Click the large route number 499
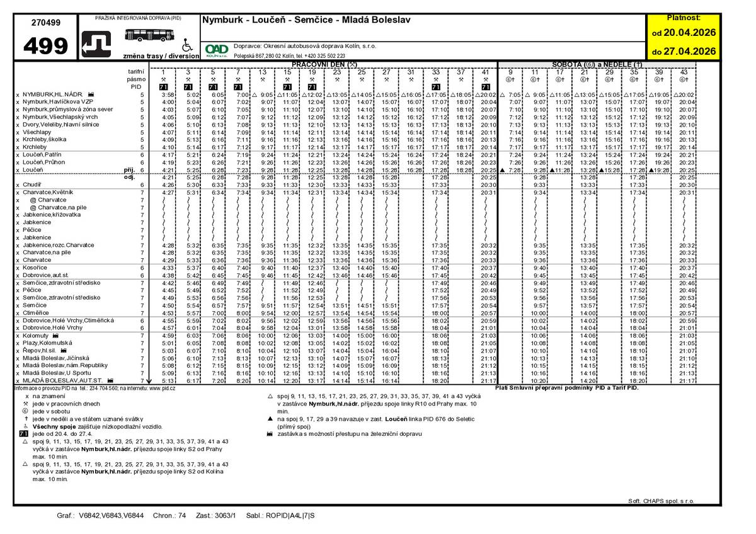[46, 46]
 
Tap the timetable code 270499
[46, 23]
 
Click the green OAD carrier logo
[217, 49]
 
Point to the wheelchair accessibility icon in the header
[186, 46]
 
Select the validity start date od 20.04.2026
[684, 32]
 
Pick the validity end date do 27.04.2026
[684, 52]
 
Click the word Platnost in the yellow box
[684, 18]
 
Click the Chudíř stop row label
[32, 185]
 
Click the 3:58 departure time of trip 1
[168, 94]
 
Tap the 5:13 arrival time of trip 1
[168, 380]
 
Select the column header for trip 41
[485, 72]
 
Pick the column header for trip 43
[684, 72]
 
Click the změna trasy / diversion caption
[161, 56]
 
